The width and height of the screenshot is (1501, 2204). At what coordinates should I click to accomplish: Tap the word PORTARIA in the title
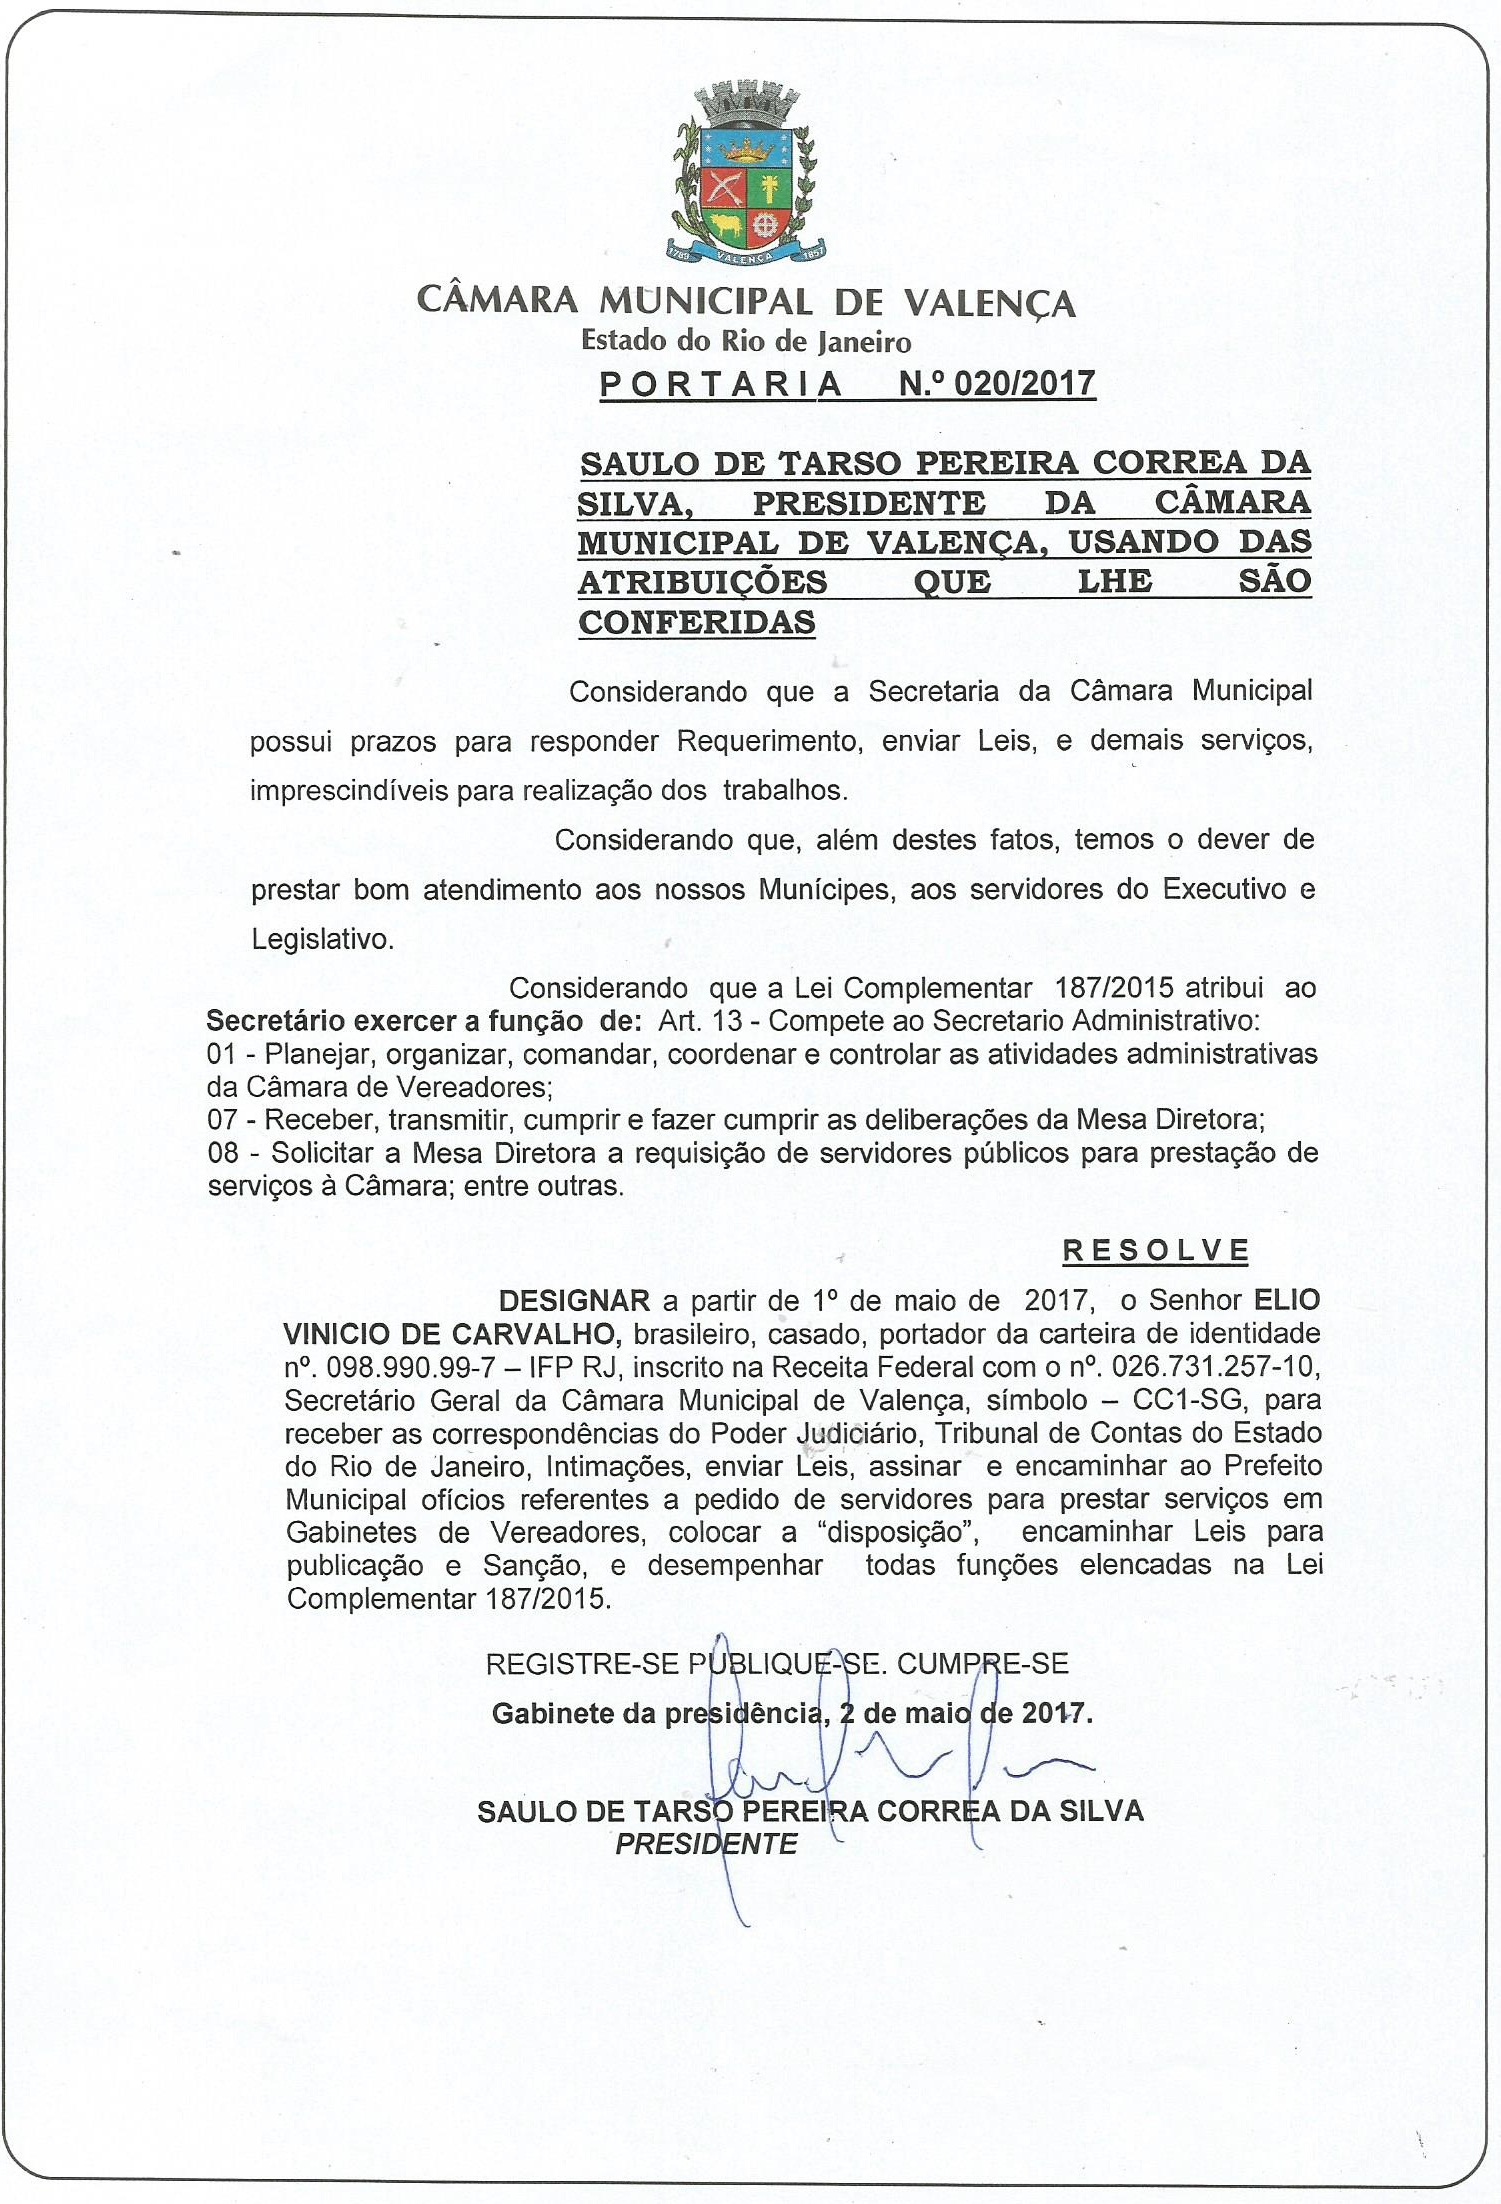tap(721, 384)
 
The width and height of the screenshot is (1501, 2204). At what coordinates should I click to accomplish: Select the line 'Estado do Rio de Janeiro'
tap(746, 342)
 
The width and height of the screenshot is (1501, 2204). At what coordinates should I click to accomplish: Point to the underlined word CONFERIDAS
tap(697, 622)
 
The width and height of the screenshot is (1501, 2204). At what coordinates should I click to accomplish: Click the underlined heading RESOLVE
tap(1155, 1250)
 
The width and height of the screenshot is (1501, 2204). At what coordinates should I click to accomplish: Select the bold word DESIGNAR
tap(574, 1301)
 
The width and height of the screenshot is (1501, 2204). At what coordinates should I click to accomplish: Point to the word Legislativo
tap(322, 939)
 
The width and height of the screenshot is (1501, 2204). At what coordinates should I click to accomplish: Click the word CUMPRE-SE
tap(983, 1664)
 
